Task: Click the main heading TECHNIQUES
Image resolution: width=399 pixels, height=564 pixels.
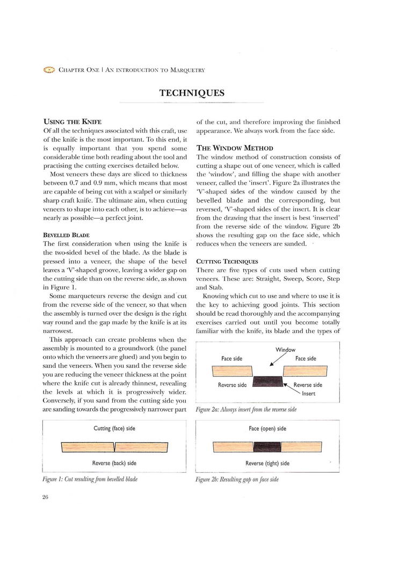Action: click(192, 93)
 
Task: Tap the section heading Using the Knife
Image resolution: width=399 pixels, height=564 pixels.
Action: click(72, 121)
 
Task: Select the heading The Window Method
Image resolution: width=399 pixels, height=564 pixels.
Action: click(235, 148)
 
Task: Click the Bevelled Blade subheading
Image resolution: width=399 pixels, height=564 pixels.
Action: click(66, 235)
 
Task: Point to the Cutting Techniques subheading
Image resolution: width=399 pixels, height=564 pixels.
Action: click(227, 262)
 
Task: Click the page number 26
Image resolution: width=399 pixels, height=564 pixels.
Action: click(45, 497)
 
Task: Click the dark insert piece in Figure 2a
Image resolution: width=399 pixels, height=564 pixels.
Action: click(268, 381)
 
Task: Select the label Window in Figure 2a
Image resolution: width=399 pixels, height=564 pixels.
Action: click(285, 350)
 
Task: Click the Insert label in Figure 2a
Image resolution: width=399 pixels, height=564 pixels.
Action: click(308, 394)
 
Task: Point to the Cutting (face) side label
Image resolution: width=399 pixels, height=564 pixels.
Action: click(114, 429)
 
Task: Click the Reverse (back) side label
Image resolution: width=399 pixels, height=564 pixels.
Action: click(114, 463)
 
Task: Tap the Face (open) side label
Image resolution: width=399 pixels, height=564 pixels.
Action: click(267, 429)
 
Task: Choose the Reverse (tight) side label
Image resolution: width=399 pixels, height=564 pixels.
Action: click(267, 463)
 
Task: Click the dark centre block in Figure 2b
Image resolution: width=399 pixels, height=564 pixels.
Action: click(267, 447)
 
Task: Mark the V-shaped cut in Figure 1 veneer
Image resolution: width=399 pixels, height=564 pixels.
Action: click(114, 447)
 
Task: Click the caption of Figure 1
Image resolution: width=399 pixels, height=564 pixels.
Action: click(90, 479)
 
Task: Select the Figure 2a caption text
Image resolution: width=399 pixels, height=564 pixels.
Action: click(246, 409)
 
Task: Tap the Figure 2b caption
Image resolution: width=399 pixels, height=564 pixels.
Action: click(237, 479)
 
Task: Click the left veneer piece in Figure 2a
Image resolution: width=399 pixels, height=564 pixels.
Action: click(232, 371)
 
